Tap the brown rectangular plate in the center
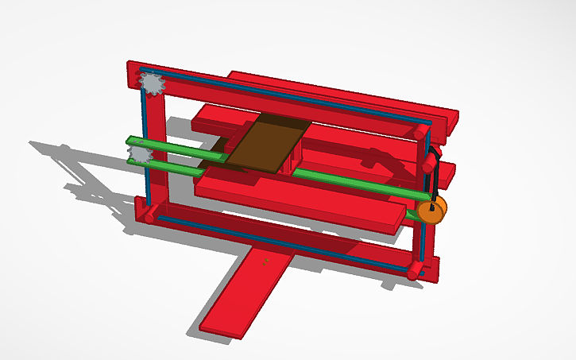pyautogui.click(x=265, y=143)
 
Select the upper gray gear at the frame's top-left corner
pyautogui.click(x=151, y=82)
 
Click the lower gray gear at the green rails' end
pyautogui.click(x=141, y=153)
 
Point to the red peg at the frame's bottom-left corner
pyautogui.click(x=149, y=215)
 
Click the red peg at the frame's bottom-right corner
pyautogui.click(x=414, y=272)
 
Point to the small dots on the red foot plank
pyautogui.click(x=266, y=260)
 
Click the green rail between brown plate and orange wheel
pyautogui.click(x=358, y=183)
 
